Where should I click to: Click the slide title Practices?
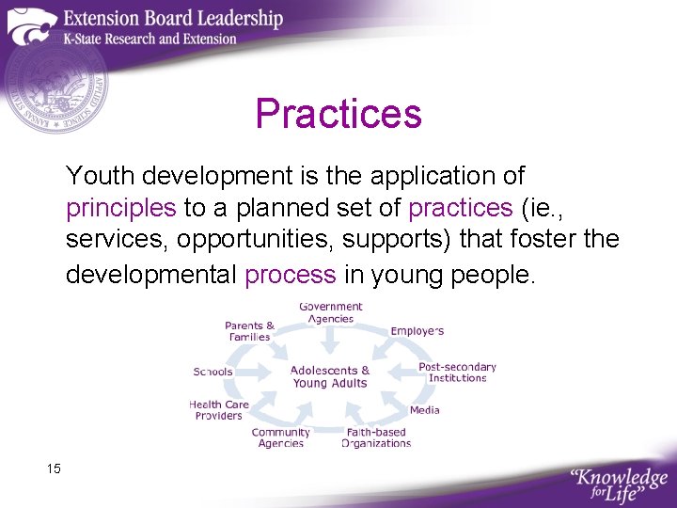tap(338, 115)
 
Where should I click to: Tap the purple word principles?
tap(120, 208)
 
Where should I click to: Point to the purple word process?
tap(290, 275)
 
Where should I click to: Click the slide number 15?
tap(53, 468)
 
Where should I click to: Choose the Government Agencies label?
tap(330, 312)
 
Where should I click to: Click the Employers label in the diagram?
tap(417, 331)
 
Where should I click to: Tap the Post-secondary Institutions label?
tap(457, 373)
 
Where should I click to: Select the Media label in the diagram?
tap(424, 410)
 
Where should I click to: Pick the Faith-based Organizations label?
tap(376, 437)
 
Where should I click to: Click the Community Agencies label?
tap(280, 437)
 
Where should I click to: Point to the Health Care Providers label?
tap(218, 410)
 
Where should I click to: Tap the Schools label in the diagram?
tap(213, 372)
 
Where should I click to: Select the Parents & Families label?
tap(249, 331)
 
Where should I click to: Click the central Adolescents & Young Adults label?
tap(330, 376)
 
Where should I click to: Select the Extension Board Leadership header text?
tap(173, 18)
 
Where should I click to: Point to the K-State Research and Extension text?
tap(150, 40)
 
